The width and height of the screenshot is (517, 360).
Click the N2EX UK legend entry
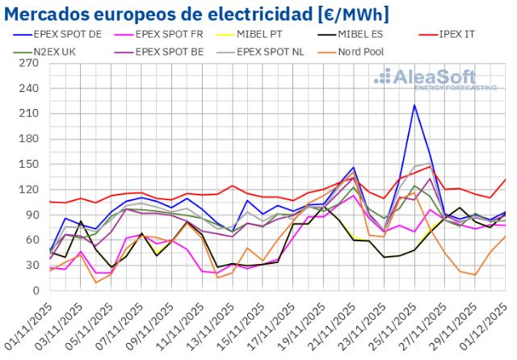click(69, 52)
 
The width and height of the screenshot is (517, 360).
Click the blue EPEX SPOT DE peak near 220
click(414, 105)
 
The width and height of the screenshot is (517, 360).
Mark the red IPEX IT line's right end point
click(506, 179)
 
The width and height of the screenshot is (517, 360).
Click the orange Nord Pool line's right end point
click(506, 236)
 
